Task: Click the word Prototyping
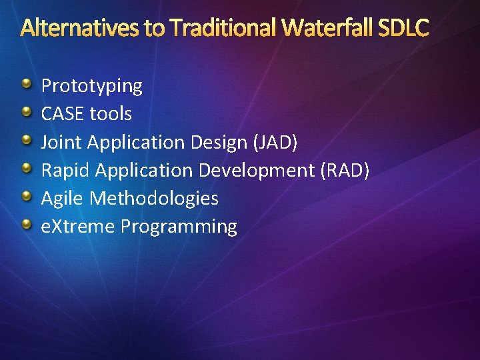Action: coord(92,86)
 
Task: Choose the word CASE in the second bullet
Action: coord(63,114)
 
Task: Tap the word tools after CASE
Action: coord(111,114)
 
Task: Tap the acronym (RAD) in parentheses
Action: coord(345,170)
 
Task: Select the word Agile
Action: coord(63,199)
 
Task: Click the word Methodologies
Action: coord(154,199)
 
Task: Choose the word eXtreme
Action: coord(78,227)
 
